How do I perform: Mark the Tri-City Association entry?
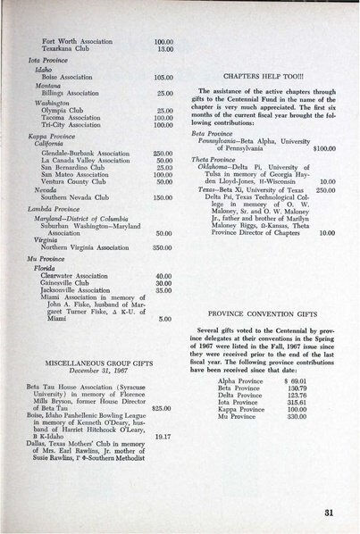[71, 124]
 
